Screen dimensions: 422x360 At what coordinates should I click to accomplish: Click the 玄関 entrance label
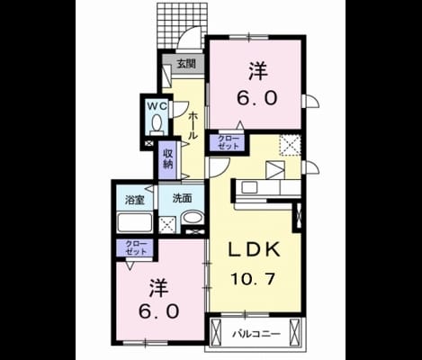186,64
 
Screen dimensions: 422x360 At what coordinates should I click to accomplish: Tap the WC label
157,105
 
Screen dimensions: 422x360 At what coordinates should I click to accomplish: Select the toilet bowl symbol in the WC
157,124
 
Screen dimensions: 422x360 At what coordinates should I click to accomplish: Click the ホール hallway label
193,125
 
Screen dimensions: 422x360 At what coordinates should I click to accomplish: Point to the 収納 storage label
168,158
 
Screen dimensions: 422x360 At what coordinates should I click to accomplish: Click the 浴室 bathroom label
135,200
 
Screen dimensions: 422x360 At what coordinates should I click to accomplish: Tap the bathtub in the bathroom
134,222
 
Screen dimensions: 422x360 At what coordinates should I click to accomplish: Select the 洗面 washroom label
182,198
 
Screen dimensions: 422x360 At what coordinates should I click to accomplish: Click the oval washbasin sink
193,218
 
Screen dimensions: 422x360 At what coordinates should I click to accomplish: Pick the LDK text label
255,249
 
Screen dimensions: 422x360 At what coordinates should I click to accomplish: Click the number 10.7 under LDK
253,280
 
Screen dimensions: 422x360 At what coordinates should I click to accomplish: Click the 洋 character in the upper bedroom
257,71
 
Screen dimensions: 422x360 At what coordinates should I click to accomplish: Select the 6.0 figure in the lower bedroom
159,311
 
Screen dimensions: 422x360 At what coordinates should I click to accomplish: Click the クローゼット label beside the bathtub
136,247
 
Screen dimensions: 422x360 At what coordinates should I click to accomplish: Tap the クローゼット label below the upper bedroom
229,142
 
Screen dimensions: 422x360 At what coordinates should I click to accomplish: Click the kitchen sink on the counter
249,188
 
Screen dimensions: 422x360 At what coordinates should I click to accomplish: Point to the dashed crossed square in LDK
291,145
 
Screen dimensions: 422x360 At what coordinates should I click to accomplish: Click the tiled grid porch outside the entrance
182,25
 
